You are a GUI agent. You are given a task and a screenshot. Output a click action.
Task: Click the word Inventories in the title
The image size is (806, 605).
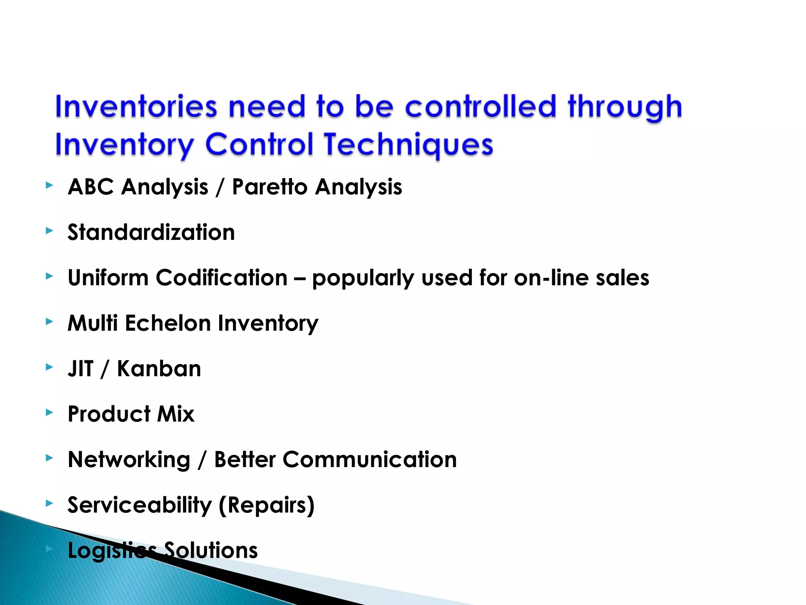[x=136, y=107]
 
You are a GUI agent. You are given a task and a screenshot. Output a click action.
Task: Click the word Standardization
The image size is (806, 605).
[x=151, y=232]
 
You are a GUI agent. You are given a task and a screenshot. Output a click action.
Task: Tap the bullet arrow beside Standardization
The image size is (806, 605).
[x=49, y=230]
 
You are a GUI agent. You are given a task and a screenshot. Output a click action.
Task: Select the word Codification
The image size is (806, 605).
[x=222, y=278]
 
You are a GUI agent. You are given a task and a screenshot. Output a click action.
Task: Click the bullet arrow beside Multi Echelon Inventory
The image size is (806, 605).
[x=49, y=321]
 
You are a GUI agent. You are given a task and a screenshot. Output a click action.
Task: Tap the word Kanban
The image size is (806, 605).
[x=159, y=369]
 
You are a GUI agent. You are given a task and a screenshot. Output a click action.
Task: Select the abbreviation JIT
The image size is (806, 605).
[x=81, y=369]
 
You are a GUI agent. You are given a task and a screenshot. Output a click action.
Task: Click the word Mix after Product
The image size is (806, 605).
[x=176, y=414]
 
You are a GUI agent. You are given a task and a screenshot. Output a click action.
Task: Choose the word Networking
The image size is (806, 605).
[x=129, y=460]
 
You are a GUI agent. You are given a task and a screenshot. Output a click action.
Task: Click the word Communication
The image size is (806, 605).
[x=370, y=460]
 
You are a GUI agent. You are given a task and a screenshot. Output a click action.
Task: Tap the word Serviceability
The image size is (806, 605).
[x=140, y=505]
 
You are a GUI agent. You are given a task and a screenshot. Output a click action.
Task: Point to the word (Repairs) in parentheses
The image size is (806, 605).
[x=266, y=505]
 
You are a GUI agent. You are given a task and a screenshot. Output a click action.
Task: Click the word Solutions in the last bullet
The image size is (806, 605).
[x=211, y=550]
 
